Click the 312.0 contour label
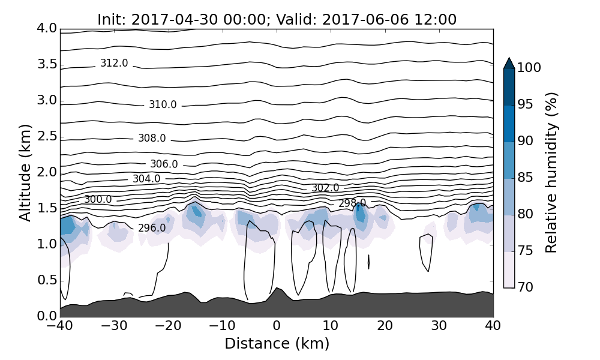[x=114, y=64]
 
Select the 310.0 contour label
[x=163, y=105]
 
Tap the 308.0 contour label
[x=152, y=139]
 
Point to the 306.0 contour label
[x=164, y=164]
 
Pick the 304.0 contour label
[x=146, y=179]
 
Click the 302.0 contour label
[x=325, y=188]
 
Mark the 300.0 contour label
[x=98, y=200]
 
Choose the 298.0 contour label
[x=352, y=203]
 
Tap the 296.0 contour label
[x=152, y=229]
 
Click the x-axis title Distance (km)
[x=277, y=344]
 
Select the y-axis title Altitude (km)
[x=25, y=173]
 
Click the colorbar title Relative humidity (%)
[x=551, y=173]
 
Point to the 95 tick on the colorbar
[x=525, y=105]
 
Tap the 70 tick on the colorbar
[x=525, y=287]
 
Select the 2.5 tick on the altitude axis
[x=47, y=136]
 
